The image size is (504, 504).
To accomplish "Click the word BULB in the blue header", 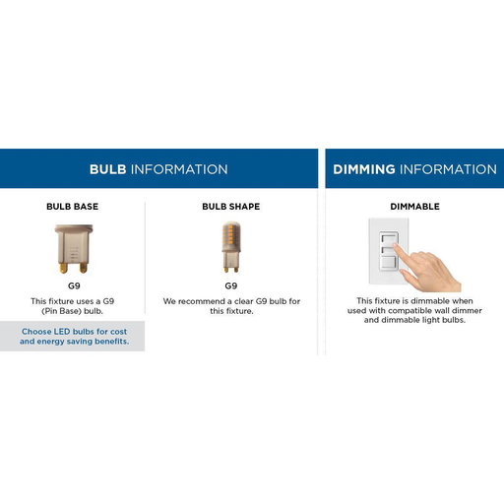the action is [x=108, y=169].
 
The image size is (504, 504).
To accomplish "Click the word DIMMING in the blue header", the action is [x=364, y=169].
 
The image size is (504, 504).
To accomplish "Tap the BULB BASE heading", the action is [x=73, y=207].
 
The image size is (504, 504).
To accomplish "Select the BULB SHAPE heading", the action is [x=231, y=207].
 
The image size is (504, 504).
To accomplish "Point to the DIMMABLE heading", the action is [x=415, y=207].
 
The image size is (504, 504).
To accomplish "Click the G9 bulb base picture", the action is [x=74, y=249].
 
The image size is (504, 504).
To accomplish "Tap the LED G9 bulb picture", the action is [x=231, y=247].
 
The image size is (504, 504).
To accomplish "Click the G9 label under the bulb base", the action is [x=74, y=285].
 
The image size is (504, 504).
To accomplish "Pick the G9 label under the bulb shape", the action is [x=231, y=285].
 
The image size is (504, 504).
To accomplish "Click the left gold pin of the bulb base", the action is [x=63, y=268].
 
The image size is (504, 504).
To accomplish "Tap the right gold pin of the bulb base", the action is [x=84, y=268].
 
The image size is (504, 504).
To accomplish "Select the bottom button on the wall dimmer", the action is [x=389, y=263].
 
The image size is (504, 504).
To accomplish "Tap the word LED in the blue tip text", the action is [x=62, y=332].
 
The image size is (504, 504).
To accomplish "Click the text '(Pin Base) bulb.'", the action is [x=72, y=311].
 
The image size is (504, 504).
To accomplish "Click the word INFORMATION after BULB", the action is [x=179, y=169].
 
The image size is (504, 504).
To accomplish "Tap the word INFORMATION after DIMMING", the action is [x=448, y=169].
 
